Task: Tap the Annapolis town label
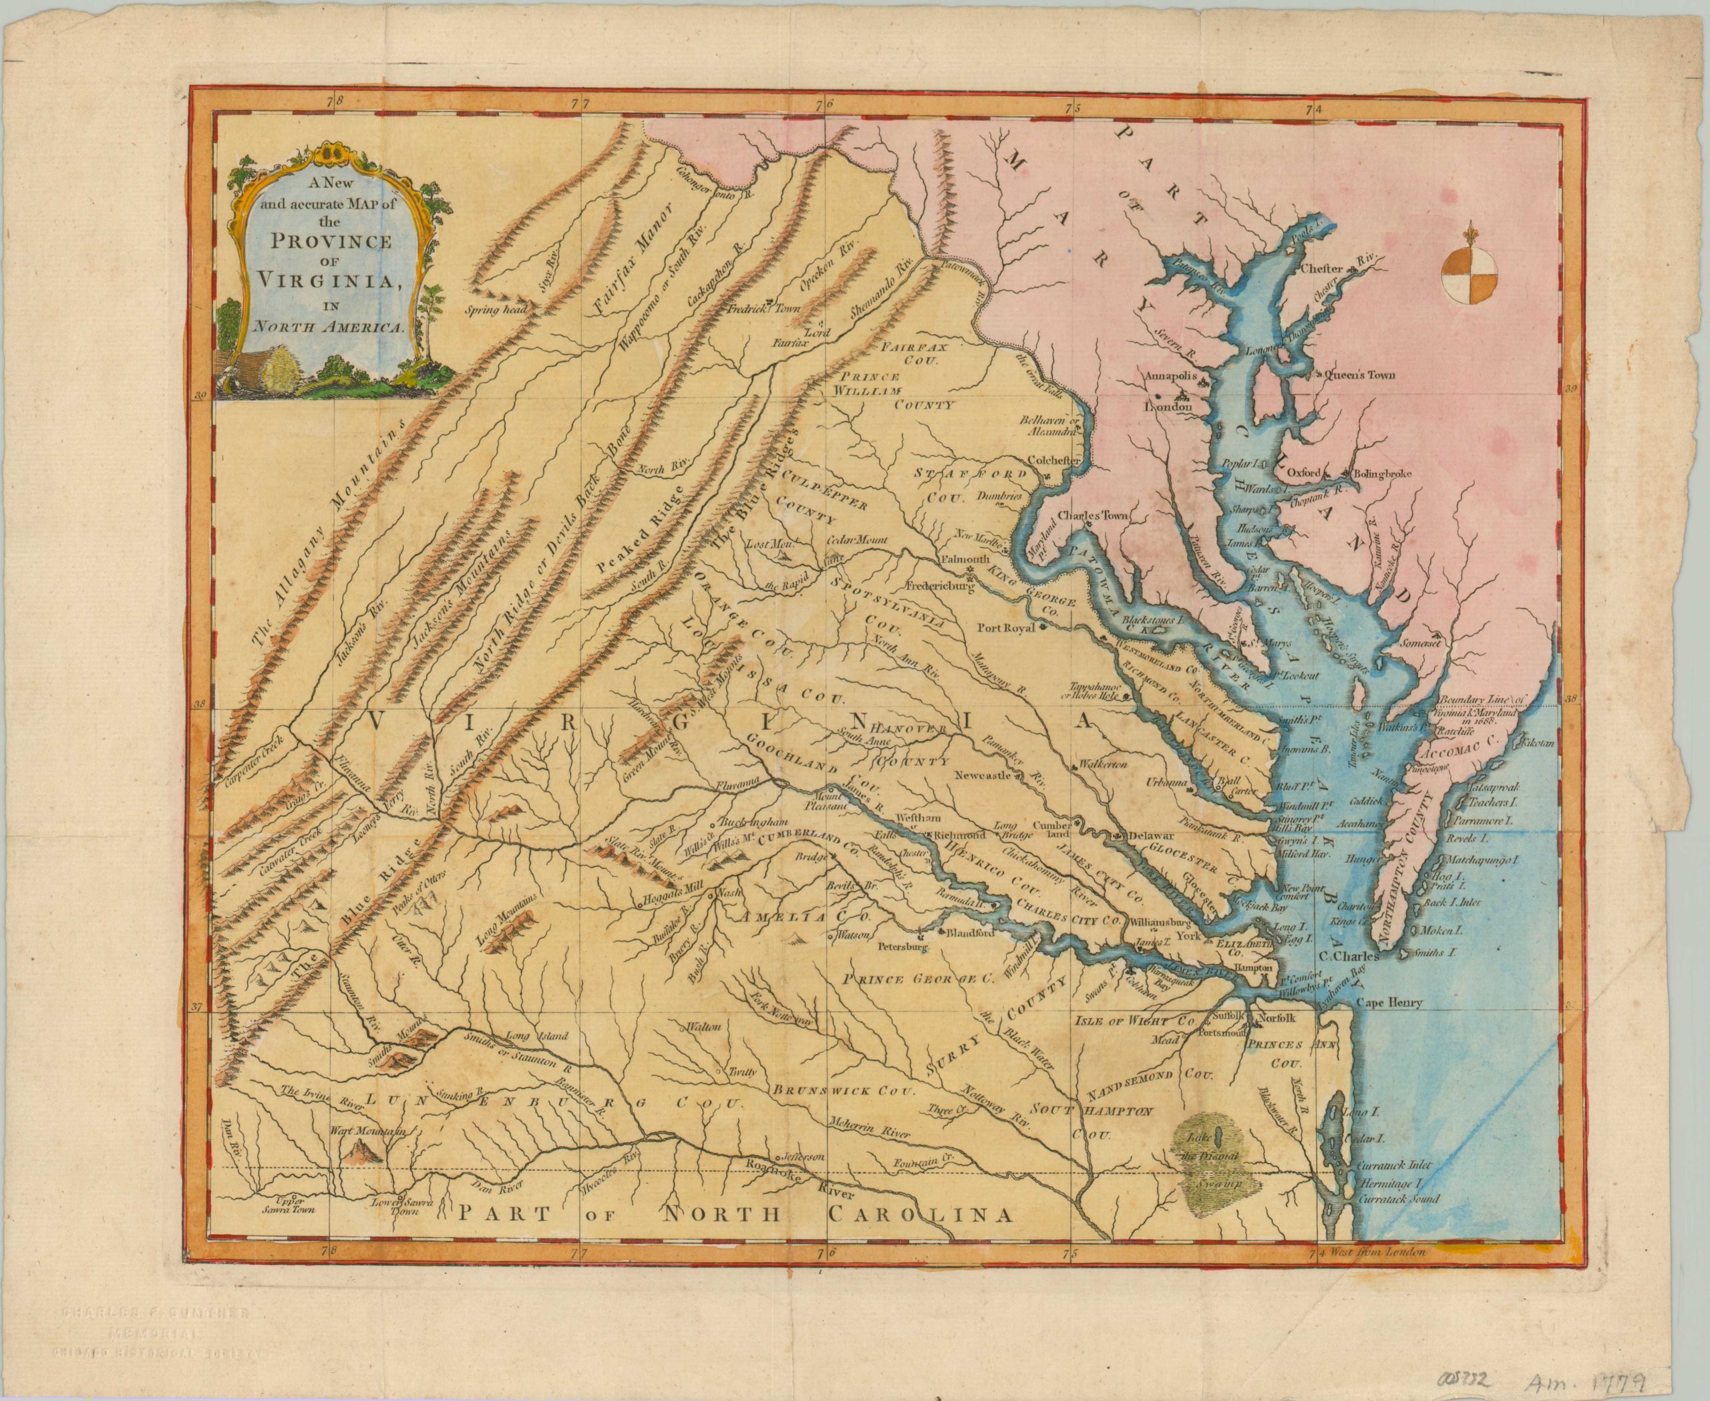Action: point(1168,377)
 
